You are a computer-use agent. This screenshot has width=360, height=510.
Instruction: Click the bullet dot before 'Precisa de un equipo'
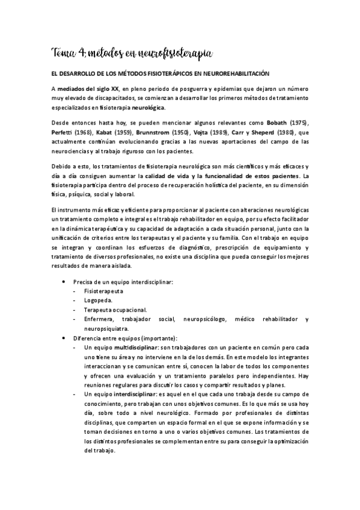point(64,281)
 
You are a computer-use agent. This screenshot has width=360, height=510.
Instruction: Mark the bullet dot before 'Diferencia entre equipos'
point(64,339)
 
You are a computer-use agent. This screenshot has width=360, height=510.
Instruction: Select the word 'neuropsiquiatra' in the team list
point(106,329)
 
